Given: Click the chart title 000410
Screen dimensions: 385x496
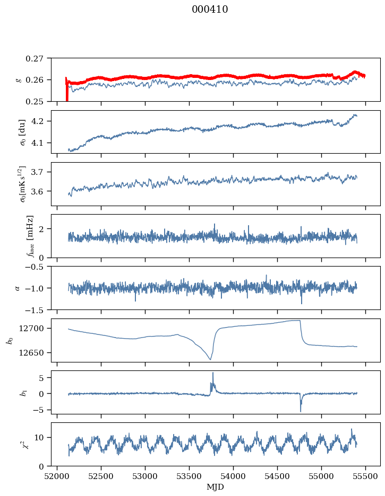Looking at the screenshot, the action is pos(210,9).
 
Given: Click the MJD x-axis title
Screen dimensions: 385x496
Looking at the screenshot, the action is pos(215,487).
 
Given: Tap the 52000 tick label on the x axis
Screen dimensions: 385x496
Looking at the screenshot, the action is pos(57,476).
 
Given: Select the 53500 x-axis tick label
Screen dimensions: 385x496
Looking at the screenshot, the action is pos(190,476).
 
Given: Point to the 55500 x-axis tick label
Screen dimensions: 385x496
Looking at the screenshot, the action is pos(366,476).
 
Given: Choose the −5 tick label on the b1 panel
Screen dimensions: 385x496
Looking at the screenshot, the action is pos(40,410).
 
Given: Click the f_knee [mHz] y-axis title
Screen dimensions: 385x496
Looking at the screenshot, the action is pos(30,236).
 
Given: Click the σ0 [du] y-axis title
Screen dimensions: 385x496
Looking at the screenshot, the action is pos(23,132).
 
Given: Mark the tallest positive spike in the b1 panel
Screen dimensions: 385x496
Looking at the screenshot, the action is pos(213,373).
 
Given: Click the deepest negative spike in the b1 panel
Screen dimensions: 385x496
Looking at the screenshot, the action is pos(301,411).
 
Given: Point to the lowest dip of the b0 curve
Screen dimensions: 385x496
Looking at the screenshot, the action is pos(210,359).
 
